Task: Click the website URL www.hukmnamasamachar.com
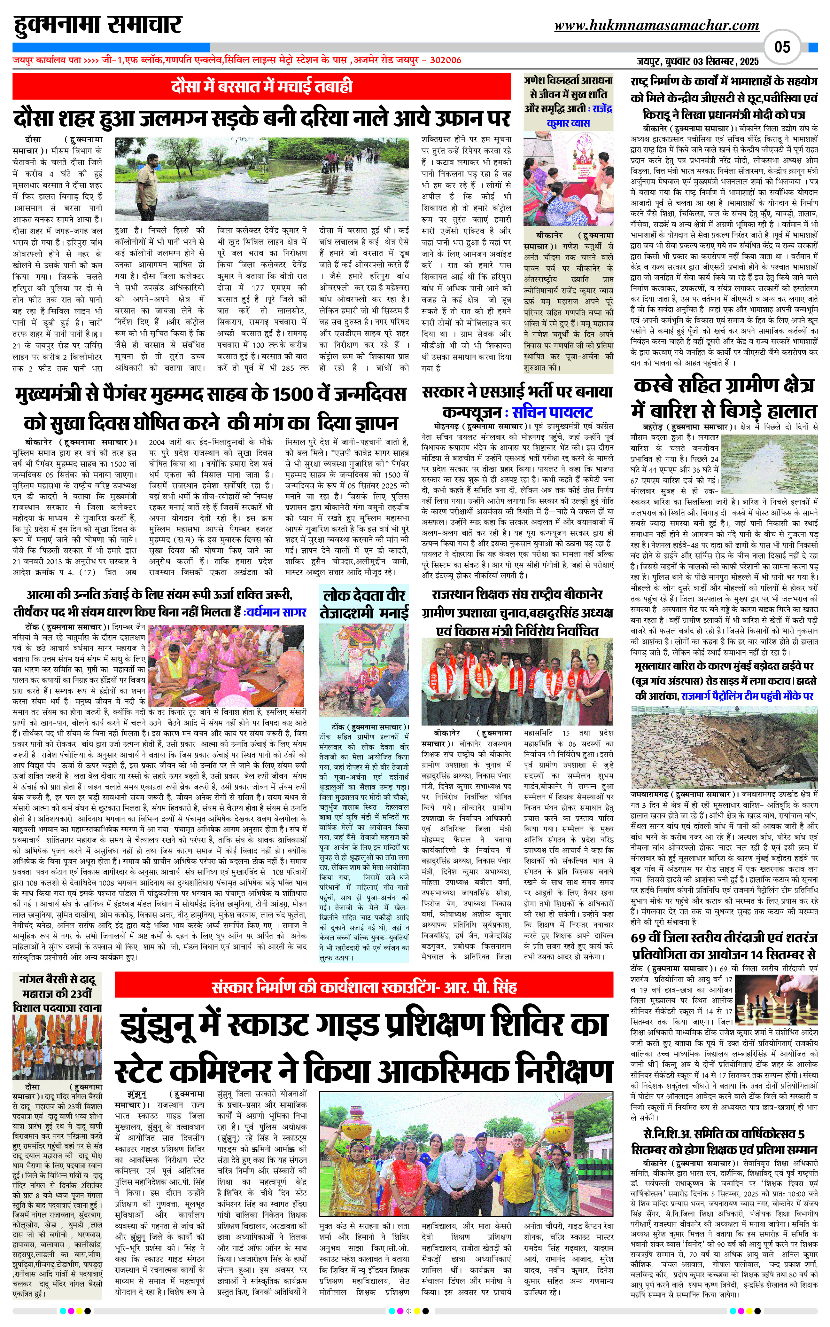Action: tap(656, 25)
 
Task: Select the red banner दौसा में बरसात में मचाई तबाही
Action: tap(262, 87)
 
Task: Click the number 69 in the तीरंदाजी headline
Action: tap(639, 938)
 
